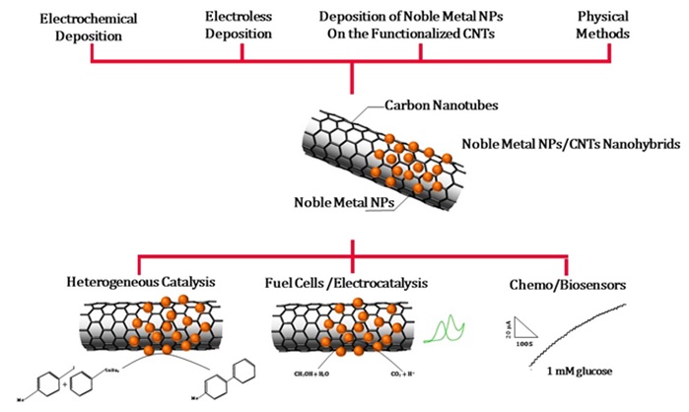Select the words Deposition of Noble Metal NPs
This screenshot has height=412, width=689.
point(421,17)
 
